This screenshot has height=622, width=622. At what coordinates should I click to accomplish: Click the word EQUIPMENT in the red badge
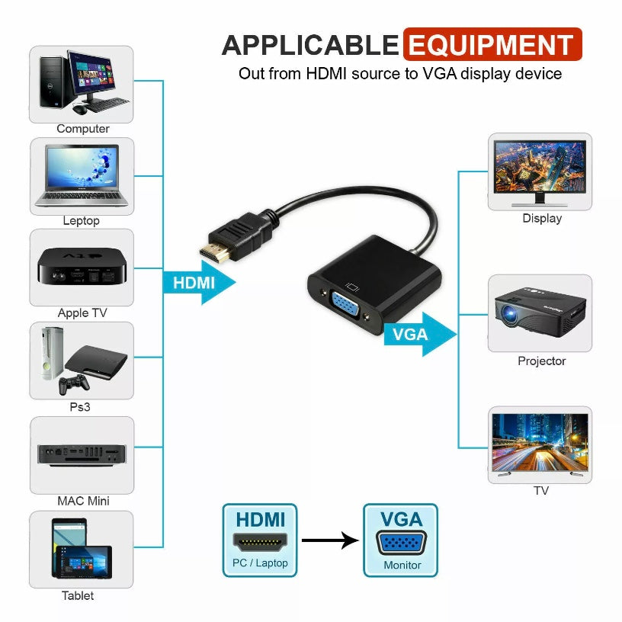click(491, 45)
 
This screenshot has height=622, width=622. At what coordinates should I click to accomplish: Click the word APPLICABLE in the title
click(310, 46)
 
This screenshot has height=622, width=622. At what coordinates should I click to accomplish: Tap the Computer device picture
click(82, 84)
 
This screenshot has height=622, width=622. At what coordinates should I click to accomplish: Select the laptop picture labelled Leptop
click(82, 176)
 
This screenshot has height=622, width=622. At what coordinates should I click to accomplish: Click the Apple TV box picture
click(82, 268)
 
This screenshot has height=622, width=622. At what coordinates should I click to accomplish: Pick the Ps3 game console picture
click(82, 361)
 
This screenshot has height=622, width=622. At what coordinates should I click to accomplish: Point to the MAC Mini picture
click(82, 455)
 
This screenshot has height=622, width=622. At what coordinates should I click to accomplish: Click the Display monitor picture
click(540, 172)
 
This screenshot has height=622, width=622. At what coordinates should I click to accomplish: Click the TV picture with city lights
click(540, 444)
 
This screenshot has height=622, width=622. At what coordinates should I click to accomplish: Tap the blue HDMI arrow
click(199, 283)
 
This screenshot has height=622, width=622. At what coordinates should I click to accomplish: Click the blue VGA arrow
click(418, 334)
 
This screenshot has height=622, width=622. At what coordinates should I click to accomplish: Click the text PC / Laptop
click(260, 563)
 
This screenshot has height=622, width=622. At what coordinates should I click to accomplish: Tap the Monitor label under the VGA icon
click(402, 565)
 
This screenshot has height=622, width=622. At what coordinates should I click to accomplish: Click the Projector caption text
click(541, 361)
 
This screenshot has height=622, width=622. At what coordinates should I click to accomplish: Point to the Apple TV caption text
click(82, 313)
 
